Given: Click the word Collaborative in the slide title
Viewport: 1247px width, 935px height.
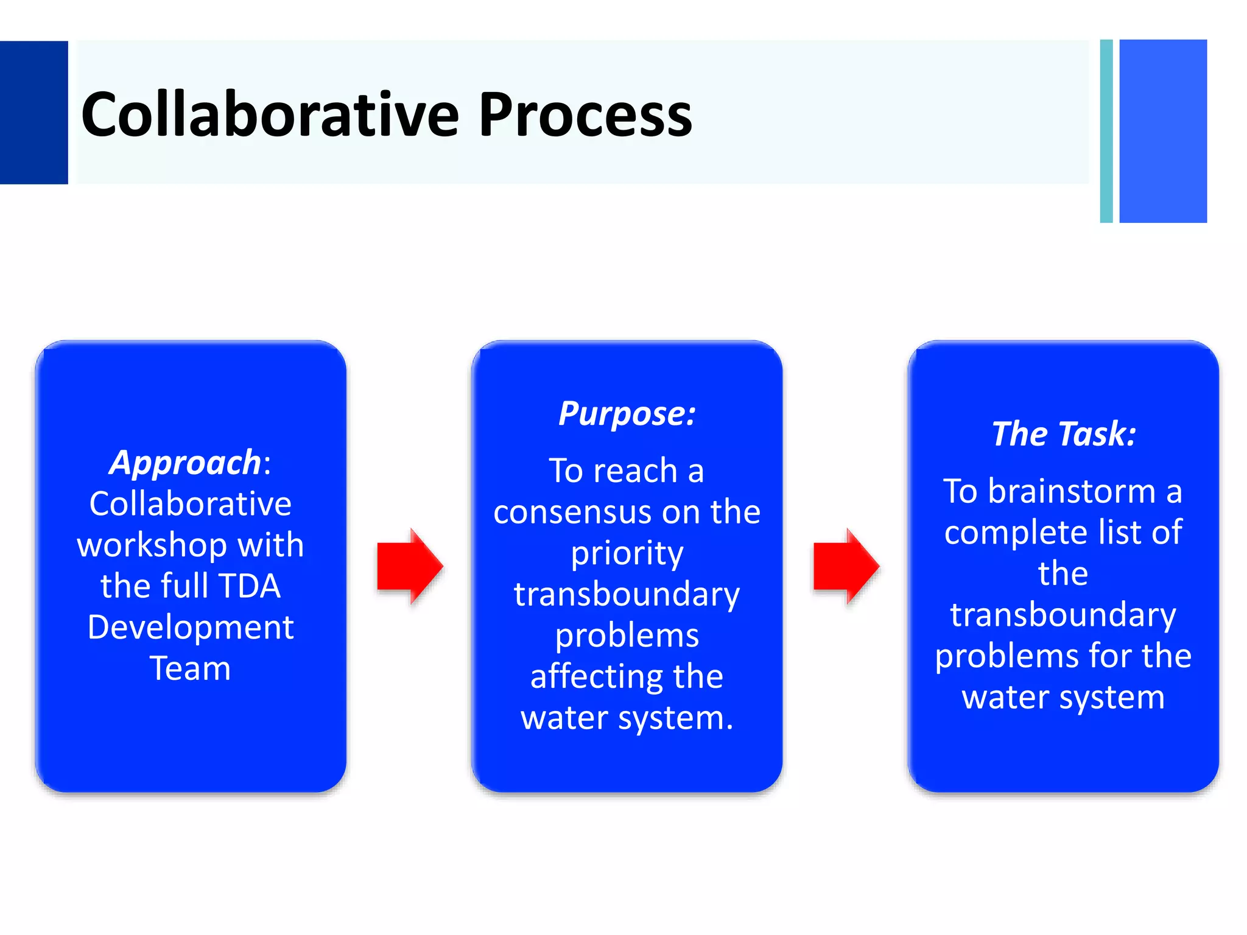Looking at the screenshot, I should coord(270,114).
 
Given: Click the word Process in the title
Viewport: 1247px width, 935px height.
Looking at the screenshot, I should coord(585,114).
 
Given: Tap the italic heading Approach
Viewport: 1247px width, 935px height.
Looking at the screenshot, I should coord(185,463).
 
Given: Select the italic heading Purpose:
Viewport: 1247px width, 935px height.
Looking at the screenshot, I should coord(627,414).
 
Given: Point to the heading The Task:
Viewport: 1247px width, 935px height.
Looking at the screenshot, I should coord(1063,434).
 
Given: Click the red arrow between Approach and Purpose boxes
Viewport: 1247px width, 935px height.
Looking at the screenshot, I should coord(409,566).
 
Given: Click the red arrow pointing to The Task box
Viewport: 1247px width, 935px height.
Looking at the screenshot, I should coord(845,566).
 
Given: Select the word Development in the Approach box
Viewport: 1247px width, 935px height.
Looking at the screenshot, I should coord(191,627).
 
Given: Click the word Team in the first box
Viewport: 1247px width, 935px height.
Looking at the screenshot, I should coord(191,668).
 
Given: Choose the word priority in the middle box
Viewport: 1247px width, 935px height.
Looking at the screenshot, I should coord(627,553).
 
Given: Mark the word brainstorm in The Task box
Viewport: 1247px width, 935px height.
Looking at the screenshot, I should coord(1071,491).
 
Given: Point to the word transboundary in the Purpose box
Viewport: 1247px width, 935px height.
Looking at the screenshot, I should coord(627,594).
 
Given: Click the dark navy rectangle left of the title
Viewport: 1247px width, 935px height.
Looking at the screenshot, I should coord(33,112).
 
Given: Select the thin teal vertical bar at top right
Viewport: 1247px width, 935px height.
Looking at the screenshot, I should coord(1106,131).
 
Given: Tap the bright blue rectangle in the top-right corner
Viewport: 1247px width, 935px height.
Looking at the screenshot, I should coord(1163,131).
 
